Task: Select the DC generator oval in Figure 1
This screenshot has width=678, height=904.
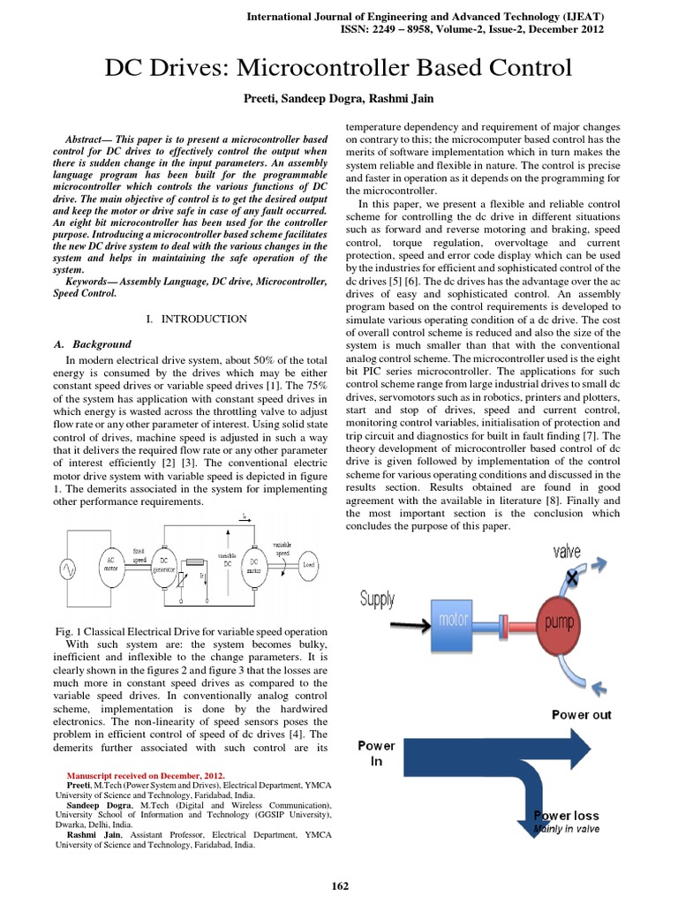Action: point(163,566)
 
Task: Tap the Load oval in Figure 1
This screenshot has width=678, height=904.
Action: point(308,564)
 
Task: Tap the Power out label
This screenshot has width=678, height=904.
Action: point(581,714)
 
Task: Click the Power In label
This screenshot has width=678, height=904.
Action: point(377,753)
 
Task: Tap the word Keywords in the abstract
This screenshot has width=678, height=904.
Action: point(94,281)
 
